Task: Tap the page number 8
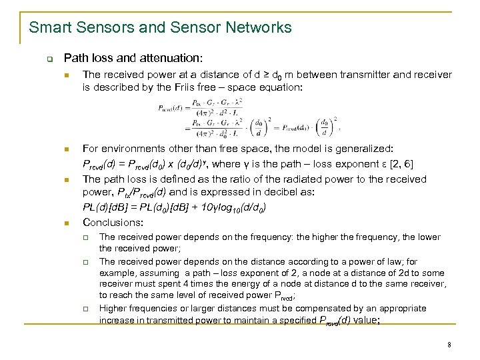450,345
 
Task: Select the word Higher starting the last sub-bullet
114,309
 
